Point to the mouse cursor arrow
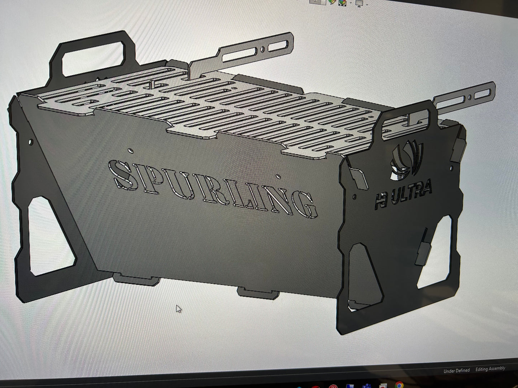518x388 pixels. click(x=178, y=309)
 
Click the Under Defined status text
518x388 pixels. click(x=456, y=370)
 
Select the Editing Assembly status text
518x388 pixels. click(x=490, y=369)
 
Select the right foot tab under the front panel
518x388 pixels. click(x=258, y=293)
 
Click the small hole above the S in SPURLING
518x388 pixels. click(x=131, y=151)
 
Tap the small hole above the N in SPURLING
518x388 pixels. click(x=278, y=176)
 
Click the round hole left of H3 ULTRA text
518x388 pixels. click(x=355, y=197)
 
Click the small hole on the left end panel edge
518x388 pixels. click(x=30, y=142)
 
